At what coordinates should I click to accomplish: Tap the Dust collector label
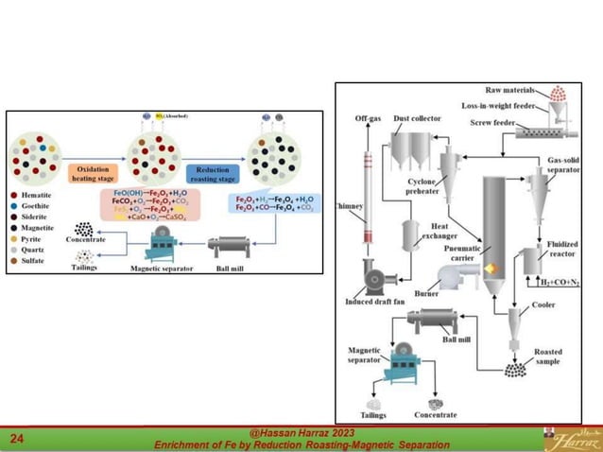point(415,119)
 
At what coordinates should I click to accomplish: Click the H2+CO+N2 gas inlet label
point(560,282)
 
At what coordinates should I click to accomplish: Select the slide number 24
point(17,439)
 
